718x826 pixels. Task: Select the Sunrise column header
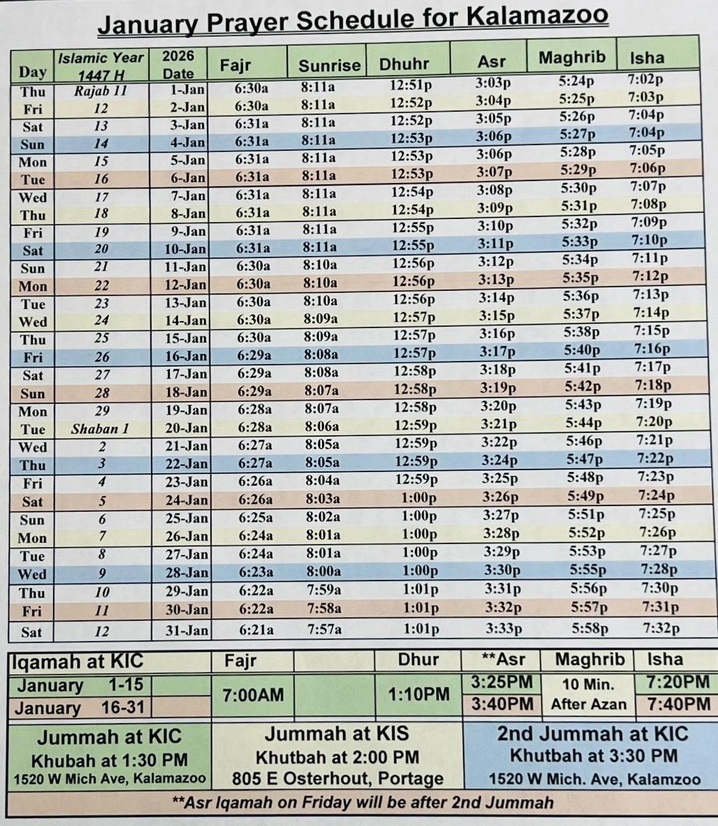pyautogui.click(x=329, y=66)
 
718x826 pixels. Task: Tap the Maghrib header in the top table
pyautogui.click(x=571, y=57)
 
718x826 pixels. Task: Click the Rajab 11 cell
pyautogui.click(x=101, y=91)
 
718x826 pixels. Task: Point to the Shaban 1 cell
pyautogui.click(x=100, y=429)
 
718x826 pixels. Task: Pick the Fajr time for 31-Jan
pyautogui.click(x=256, y=629)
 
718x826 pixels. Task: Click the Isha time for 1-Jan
pyautogui.click(x=645, y=80)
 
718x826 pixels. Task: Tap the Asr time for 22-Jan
pyautogui.click(x=500, y=461)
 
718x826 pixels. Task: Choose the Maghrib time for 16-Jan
pyautogui.click(x=582, y=350)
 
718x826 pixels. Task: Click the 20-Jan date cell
pyautogui.click(x=186, y=428)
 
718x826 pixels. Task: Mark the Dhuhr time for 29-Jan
pyautogui.click(x=421, y=589)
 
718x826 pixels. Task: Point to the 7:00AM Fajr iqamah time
pyautogui.click(x=253, y=695)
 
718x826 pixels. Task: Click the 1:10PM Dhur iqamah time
pyautogui.click(x=419, y=694)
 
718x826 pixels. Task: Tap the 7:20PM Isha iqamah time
pyautogui.click(x=678, y=682)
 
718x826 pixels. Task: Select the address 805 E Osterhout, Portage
pyautogui.click(x=337, y=779)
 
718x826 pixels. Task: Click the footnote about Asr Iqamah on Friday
pyautogui.click(x=362, y=803)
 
